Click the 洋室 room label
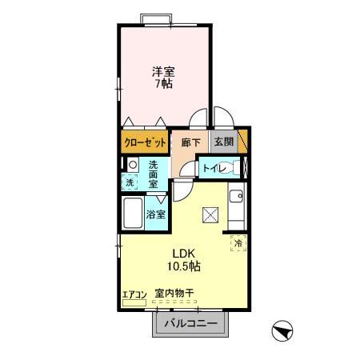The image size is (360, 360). [165, 70]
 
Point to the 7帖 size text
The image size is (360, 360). [165, 83]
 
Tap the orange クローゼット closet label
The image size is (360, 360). [146, 142]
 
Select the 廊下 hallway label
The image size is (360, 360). [190, 142]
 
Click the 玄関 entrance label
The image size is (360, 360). [222, 142]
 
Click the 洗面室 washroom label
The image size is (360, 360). [154, 174]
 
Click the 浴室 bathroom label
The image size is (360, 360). [156, 214]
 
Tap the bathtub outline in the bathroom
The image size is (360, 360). [133, 214]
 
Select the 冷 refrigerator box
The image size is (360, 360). [238, 243]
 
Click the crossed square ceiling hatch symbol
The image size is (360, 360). [211, 214]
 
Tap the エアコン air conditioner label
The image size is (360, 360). [134, 294]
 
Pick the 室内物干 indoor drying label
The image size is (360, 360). [174, 294]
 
